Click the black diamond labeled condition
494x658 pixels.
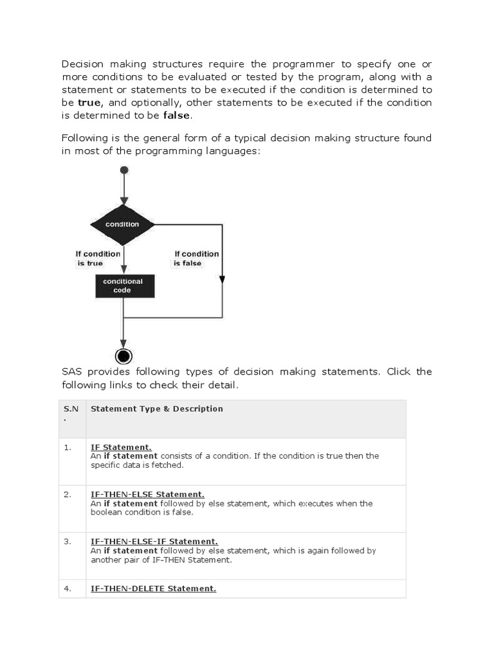(x=123, y=224)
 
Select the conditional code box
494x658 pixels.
(x=122, y=286)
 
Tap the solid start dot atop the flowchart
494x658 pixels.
(x=124, y=170)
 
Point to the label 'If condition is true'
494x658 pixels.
(x=98, y=258)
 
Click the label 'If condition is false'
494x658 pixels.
(x=196, y=258)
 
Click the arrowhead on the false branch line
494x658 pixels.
(x=222, y=279)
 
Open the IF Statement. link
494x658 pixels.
(x=121, y=447)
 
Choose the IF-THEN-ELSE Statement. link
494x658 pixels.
(x=147, y=494)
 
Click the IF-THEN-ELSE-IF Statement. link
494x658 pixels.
(x=154, y=542)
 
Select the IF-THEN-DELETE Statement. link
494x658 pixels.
(x=153, y=588)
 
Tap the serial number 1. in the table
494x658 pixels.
(x=68, y=447)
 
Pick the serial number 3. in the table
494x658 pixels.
(x=68, y=542)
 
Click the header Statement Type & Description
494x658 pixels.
(x=157, y=409)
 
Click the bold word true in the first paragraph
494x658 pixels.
(x=89, y=102)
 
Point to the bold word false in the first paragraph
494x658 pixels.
(x=177, y=116)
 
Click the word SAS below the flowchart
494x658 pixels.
(x=73, y=372)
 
